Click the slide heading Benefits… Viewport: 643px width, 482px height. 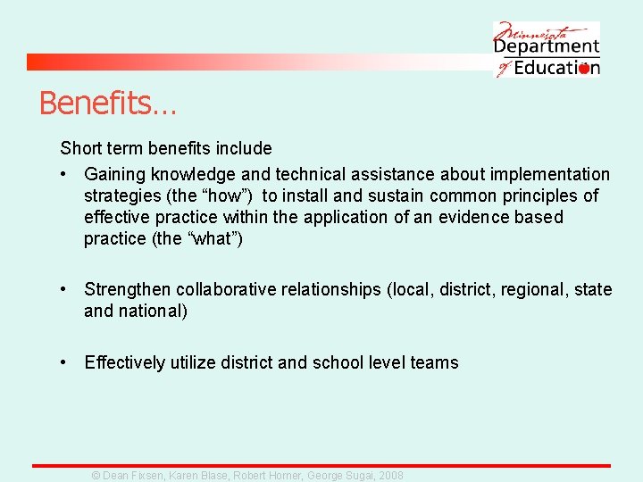point(107,104)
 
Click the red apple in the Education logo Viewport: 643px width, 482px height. point(584,68)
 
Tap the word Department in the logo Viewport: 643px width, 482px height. point(547,46)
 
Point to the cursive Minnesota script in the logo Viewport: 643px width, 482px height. point(536,29)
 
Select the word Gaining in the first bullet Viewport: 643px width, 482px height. point(115,174)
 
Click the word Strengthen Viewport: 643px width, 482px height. point(128,289)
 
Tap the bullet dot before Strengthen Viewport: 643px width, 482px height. point(64,289)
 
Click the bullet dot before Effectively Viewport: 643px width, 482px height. point(64,362)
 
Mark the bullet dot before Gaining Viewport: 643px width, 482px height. point(64,174)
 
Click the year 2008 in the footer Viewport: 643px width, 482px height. point(390,476)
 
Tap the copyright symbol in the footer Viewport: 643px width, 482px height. point(97,476)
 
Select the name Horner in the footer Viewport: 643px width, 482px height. point(282,476)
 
